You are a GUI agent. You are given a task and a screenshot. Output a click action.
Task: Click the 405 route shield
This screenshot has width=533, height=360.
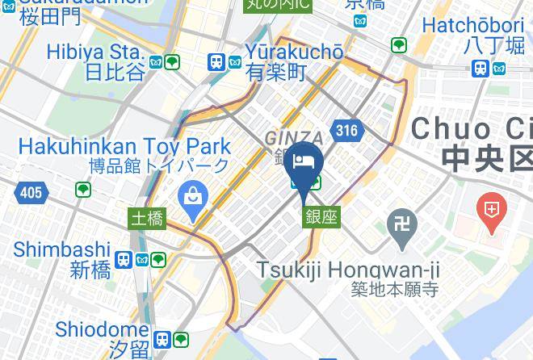30,192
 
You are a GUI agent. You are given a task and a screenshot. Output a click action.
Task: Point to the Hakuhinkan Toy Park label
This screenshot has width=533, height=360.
124,148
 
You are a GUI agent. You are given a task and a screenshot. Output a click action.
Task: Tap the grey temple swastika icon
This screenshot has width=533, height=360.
401,220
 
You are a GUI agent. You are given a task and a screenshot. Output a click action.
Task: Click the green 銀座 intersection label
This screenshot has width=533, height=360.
321,216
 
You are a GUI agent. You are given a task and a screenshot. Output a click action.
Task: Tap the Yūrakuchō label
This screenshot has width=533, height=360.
294,52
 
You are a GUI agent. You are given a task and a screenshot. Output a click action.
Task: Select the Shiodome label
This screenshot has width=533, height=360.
102,329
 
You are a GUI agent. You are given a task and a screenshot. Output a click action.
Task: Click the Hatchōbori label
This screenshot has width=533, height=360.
461,25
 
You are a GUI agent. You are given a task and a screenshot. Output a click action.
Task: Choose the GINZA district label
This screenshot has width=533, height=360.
294,138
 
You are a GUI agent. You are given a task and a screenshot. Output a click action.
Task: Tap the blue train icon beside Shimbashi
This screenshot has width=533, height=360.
124,260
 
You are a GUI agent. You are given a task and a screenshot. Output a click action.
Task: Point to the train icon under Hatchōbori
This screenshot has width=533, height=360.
481,68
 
